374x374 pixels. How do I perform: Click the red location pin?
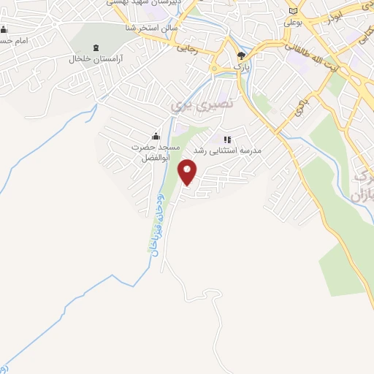click(x=188, y=172)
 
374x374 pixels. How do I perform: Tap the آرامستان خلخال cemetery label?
click(x=96, y=58)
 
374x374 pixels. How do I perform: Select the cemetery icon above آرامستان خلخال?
click(x=96, y=45)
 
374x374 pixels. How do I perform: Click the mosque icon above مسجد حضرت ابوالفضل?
click(x=155, y=136)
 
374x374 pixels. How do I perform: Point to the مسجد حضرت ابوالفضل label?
click(x=155, y=152)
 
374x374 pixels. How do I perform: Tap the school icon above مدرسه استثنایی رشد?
click(x=226, y=138)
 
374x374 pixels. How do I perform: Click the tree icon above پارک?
click(x=242, y=55)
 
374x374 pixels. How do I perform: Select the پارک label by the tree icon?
click(x=242, y=66)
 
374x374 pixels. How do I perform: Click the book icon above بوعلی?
click(x=294, y=11)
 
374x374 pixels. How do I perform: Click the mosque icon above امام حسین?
click(x=4, y=29)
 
